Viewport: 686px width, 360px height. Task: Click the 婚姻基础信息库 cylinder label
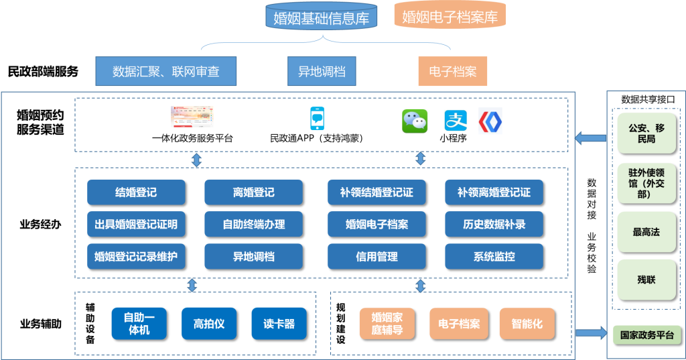point(322,17)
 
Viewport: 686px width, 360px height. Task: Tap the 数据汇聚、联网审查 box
point(166,72)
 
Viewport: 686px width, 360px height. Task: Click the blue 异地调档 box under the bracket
point(322,72)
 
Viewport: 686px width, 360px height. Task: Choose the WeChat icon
point(415,121)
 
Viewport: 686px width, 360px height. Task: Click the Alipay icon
point(456,121)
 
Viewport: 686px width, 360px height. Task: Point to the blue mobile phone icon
point(317,119)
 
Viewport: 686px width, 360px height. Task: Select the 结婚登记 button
point(136,192)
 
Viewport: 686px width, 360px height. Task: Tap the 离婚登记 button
point(253,192)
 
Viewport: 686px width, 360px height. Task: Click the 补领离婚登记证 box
point(494,192)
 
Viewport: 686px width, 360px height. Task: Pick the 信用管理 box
point(376,256)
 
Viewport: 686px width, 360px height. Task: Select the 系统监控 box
point(494,256)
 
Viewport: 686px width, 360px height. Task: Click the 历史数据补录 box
point(494,225)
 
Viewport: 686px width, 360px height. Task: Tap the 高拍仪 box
point(209,324)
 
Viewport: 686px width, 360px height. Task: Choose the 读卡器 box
point(279,324)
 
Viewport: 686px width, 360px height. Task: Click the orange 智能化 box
point(527,324)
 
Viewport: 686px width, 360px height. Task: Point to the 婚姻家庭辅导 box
point(387,324)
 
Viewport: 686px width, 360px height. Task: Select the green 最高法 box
point(646,232)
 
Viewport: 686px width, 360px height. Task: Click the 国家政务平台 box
point(646,334)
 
